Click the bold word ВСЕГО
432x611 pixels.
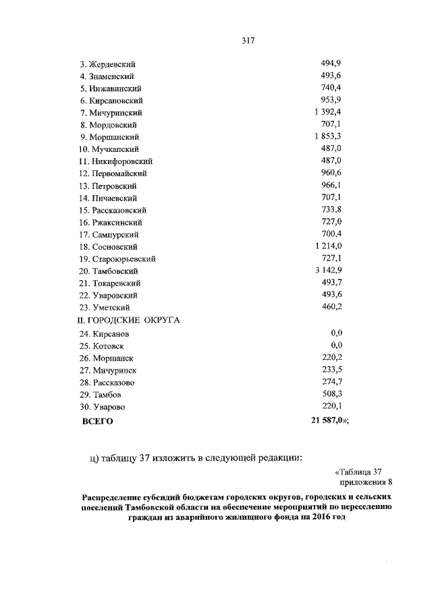[x=97, y=421]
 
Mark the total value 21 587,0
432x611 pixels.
[x=328, y=421]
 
